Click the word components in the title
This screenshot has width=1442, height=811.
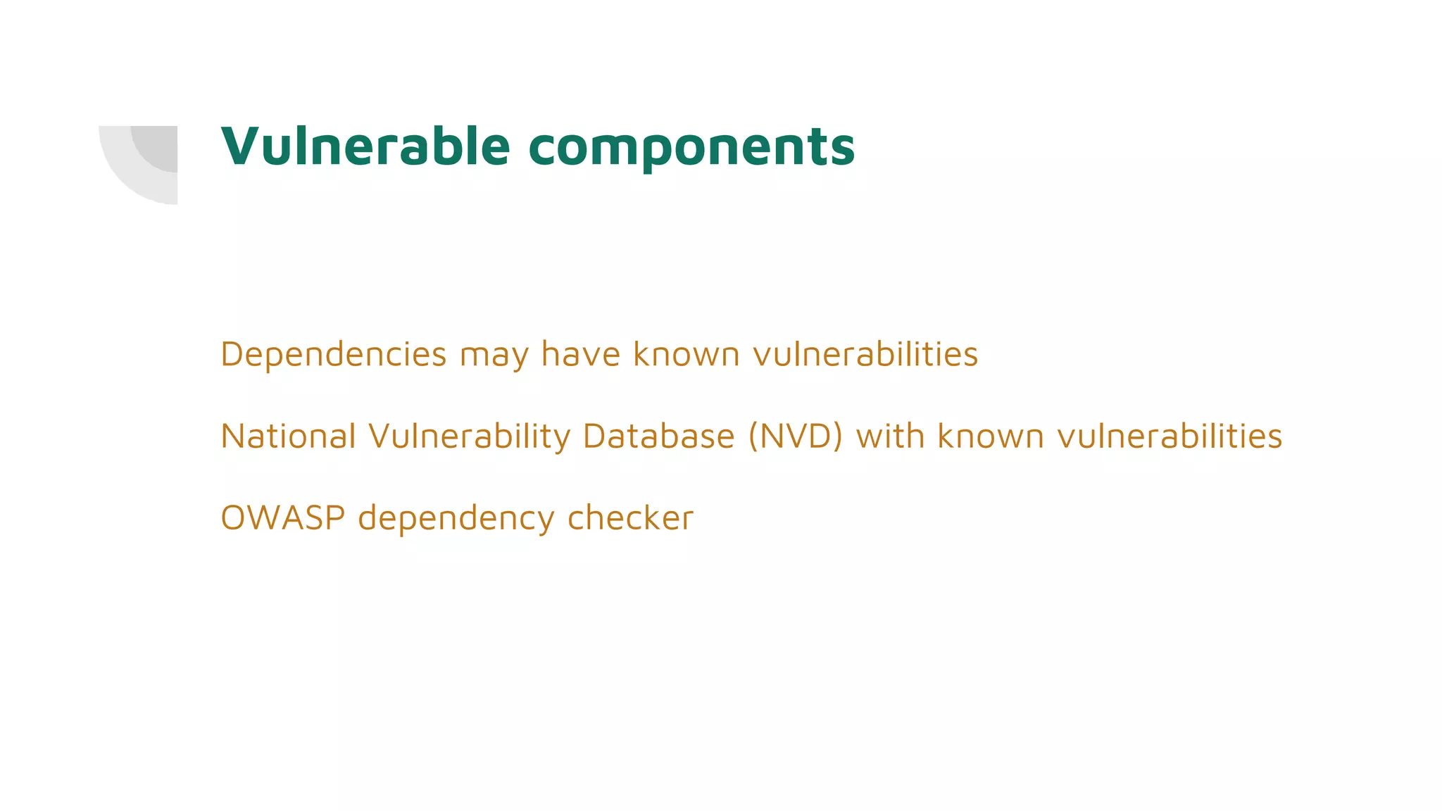691,148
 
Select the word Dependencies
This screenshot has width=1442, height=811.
333,354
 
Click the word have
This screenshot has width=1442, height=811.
581,354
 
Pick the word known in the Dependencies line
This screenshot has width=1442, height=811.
686,354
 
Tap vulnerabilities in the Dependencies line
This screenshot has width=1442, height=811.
865,354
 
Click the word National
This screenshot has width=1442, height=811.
288,436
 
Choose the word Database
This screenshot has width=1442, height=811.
658,436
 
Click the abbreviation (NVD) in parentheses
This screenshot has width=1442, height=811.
795,436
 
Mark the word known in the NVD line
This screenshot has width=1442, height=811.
990,436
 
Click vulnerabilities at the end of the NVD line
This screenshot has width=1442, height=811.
1170,436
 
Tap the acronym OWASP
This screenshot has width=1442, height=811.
282,518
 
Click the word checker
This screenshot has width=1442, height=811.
630,518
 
